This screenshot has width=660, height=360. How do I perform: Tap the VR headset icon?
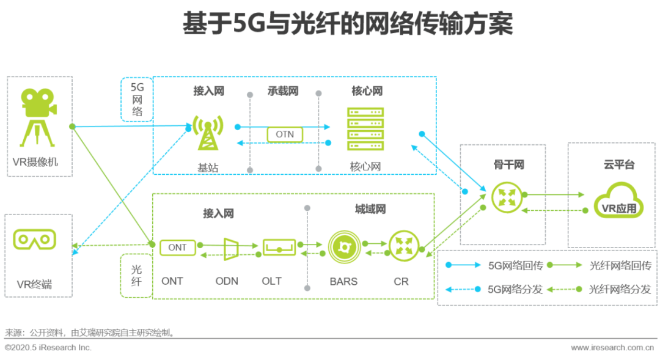(34, 239)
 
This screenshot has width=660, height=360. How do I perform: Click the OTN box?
(285, 134)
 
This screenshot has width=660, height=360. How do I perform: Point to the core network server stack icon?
(365, 129)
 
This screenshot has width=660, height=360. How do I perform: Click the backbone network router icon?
(505, 197)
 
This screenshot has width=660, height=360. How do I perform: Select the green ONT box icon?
(177, 248)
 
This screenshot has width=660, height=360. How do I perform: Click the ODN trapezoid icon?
(231, 248)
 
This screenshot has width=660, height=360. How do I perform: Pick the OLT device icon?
(279, 248)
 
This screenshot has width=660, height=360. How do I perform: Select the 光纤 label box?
(136, 275)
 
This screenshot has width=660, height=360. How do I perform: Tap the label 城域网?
(370, 210)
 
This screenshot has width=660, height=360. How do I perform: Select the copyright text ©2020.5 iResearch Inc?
(48, 347)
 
